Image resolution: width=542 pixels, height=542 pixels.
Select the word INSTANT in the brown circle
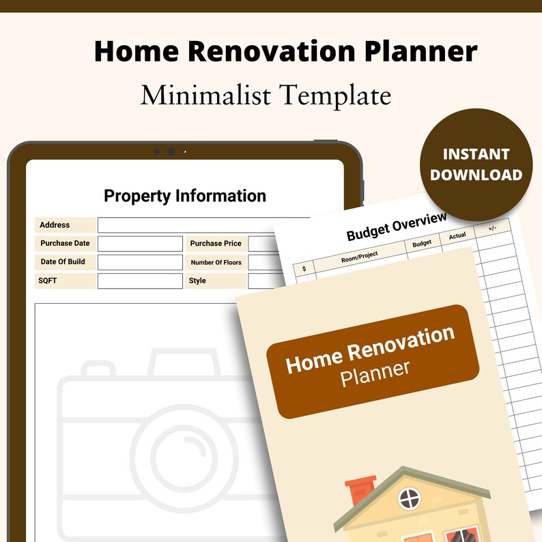[476, 154]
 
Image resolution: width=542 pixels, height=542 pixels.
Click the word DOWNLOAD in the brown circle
[476, 175]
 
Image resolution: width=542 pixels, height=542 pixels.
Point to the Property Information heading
[185, 196]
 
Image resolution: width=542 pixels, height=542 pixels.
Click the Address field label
[55, 225]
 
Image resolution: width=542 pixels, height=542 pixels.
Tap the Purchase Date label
[65, 244]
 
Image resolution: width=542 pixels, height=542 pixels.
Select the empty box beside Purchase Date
[140, 244]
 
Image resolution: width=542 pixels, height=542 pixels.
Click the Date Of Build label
[63, 262]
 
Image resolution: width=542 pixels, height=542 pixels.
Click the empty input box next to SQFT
[140, 281]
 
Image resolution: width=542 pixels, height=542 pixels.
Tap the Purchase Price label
[216, 244]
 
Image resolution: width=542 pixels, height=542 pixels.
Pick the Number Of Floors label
[216, 262]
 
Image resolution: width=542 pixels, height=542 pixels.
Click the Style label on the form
[197, 281]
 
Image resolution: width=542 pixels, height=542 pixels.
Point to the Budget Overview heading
[397, 227]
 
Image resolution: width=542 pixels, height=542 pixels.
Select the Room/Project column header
[359, 257]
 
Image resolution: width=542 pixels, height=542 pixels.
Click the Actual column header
[457, 236]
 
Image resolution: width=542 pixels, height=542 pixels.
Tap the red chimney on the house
[360, 491]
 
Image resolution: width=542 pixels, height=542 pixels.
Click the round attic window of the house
[410, 498]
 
